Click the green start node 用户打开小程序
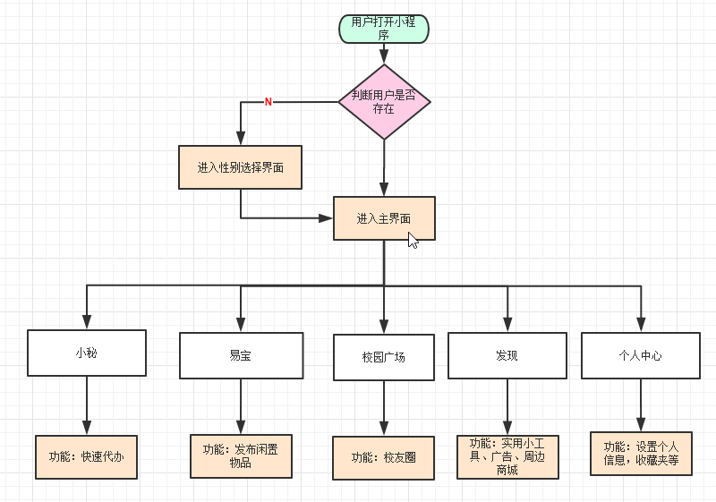(384, 29)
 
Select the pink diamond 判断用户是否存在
(384, 102)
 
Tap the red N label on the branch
(268, 102)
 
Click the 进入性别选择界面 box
(240, 167)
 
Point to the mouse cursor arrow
(413, 240)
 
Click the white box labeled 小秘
(86, 353)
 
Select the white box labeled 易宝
(240, 355)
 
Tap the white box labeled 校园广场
(383, 357)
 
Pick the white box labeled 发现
(507, 354)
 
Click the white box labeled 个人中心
(640, 354)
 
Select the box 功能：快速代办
(86, 456)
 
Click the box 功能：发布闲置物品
(240, 455)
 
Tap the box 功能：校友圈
(383, 457)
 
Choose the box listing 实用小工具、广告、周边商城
(507, 456)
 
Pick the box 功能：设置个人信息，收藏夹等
(640, 454)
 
